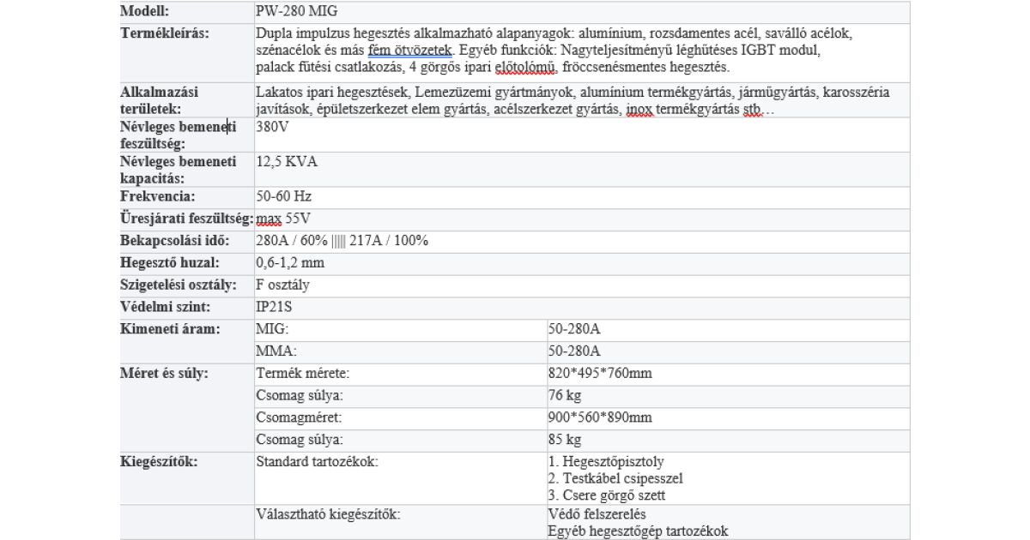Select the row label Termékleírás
pyautogui.click(x=165, y=33)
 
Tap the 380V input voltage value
pyautogui.click(x=273, y=126)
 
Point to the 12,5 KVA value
pyautogui.click(x=287, y=161)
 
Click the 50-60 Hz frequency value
pyautogui.click(x=284, y=196)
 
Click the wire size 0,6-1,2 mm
pyautogui.click(x=290, y=263)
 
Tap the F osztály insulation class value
pyautogui.click(x=283, y=285)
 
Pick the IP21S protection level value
pyautogui.click(x=276, y=307)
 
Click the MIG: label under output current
pyautogui.click(x=272, y=329)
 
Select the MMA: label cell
pyautogui.click(x=275, y=351)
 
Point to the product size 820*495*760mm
pyautogui.click(x=600, y=374)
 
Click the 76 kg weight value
pyautogui.click(x=565, y=396)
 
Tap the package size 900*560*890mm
pyautogui.click(x=600, y=418)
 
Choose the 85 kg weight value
pyautogui.click(x=565, y=441)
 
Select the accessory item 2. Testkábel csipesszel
pyautogui.click(x=615, y=479)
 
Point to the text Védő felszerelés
pyautogui.click(x=597, y=514)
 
